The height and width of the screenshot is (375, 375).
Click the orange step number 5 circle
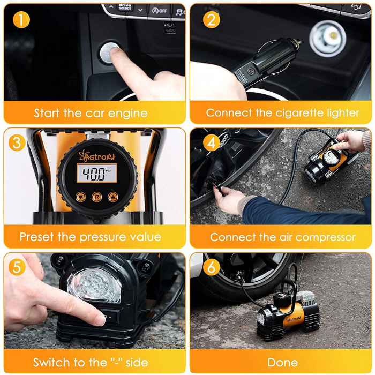pyautogui.click(x=18, y=266)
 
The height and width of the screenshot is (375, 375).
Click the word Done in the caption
pyautogui.click(x=282, y=363)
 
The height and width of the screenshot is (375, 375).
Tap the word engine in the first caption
pyautogui.click(x=129, y=114)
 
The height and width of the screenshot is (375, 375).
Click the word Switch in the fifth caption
pyautogui.click(x=50, y=363)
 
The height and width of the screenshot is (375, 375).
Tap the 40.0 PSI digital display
pyautogui.click(x=96, y=174)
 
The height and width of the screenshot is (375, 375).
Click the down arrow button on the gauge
pyautogui.click(x=80, y=197)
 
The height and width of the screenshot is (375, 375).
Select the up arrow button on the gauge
pyautogui.click(x=112, y=197)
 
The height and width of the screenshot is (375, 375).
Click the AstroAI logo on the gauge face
pyautogui.click(x=96, y=156)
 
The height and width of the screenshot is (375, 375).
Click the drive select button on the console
pyautogui.click(x=124, y=7)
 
